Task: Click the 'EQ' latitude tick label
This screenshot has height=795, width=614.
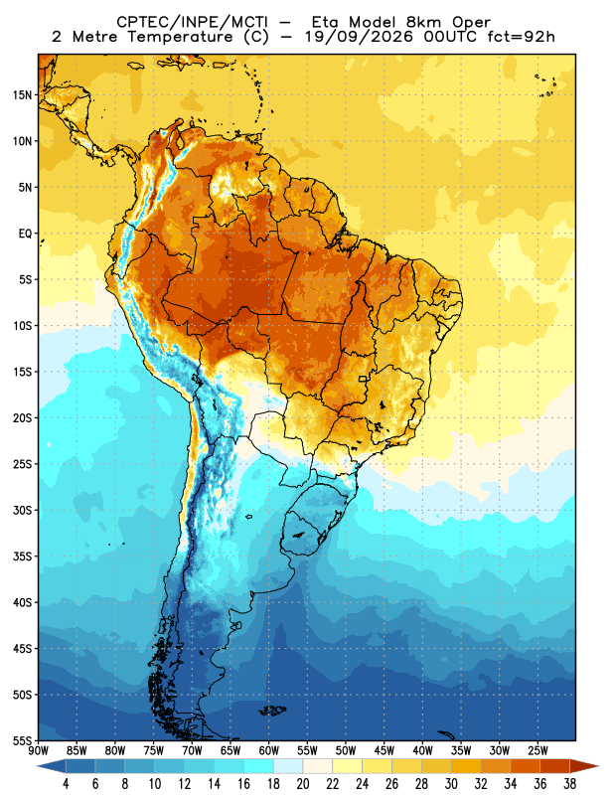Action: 26,234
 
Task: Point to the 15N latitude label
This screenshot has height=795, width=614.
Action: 22,94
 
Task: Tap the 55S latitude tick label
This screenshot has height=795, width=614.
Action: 22,740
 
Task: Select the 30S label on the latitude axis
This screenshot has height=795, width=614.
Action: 22,510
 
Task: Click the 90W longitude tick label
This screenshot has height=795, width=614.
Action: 38,751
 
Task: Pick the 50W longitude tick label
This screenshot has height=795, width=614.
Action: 346,751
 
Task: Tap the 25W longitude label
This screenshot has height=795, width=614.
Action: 537,751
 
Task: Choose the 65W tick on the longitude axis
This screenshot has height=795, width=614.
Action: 230,751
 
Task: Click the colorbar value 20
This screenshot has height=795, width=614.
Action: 303,784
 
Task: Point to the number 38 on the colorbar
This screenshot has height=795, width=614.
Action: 569,784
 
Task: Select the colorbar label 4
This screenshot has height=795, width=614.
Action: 66,784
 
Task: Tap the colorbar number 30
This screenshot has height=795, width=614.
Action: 451,784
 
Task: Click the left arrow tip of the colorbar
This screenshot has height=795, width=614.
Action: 37,766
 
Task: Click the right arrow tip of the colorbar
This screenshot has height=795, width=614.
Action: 599,766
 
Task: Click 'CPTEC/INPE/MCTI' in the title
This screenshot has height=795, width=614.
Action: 193,22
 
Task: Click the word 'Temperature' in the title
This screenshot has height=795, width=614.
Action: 180,37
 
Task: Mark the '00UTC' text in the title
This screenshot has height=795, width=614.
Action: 450,37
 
